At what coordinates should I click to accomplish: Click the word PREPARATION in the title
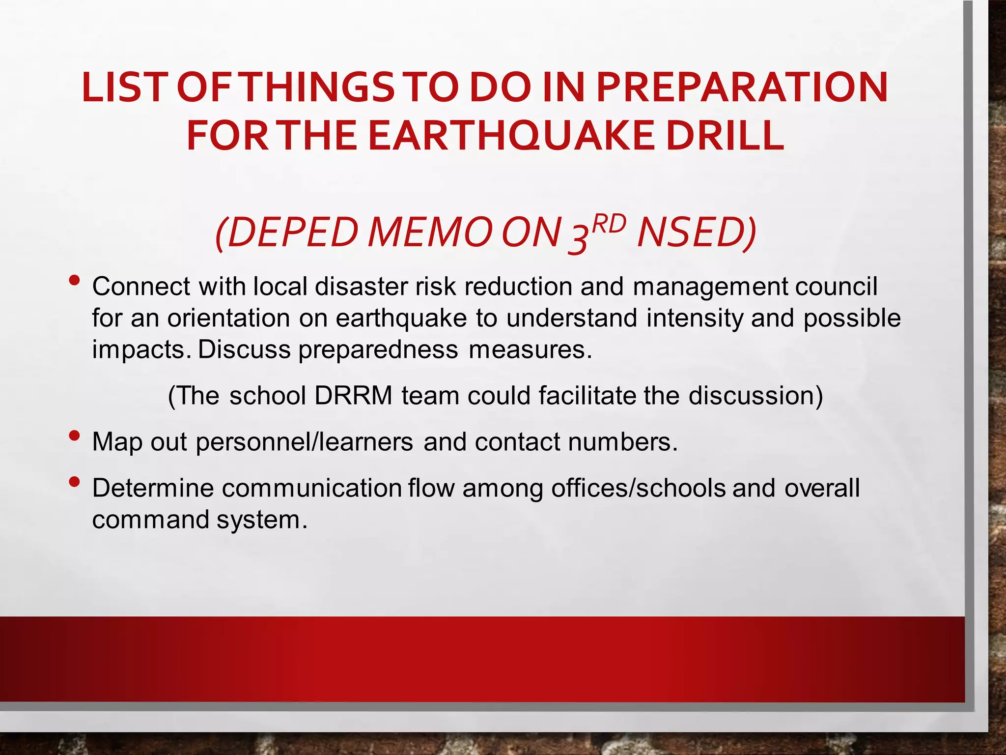742,87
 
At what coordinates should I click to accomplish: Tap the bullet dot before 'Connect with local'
75,281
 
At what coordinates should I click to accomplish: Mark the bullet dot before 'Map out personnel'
75,436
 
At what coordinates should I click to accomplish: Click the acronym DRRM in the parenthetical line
353,396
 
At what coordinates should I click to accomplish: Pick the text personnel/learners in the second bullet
304,442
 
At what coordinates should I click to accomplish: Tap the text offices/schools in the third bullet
638,488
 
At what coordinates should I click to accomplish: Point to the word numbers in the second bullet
622,442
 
